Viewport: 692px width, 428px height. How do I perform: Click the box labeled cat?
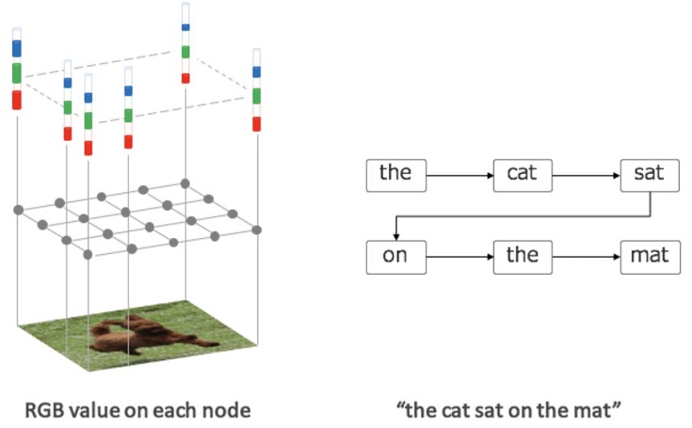pyautogui.click(x=522, y=174)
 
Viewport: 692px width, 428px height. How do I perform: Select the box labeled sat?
pyautogui.click(x=649, y=174)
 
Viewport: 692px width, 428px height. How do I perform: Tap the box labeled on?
pyautogui.click(x=395, y=256)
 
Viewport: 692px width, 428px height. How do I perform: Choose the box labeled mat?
pyautogui.click(x=649, y=256)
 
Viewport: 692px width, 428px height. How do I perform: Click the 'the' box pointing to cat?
pyautogui.click(x=395, y=174)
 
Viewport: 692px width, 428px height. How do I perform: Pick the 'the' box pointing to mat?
pyautogui.click(x=522, y=256)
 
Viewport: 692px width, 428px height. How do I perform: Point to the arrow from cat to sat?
pyautogui.click(x=585, y=174)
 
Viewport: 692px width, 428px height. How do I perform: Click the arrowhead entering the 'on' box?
pyautogui.click(x=396, y=235)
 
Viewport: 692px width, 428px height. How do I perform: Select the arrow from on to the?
pyautogui.click(x=459, y=256)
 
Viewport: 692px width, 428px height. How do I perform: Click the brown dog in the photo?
pyautogui.click(x=141, y=334)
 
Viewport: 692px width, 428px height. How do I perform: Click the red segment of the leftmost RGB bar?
pyautogui.click(x=17, y=100)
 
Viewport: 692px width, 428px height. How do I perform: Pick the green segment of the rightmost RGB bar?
pyautogui.click(x=256, y=96)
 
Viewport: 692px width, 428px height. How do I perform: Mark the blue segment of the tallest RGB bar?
pyautogui.click(x=186, y=27)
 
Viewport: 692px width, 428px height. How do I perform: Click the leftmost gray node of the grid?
pyautogui.click(x=17, y=209)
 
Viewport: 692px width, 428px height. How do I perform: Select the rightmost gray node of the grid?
pyautogui.click(x=256, y=229)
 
